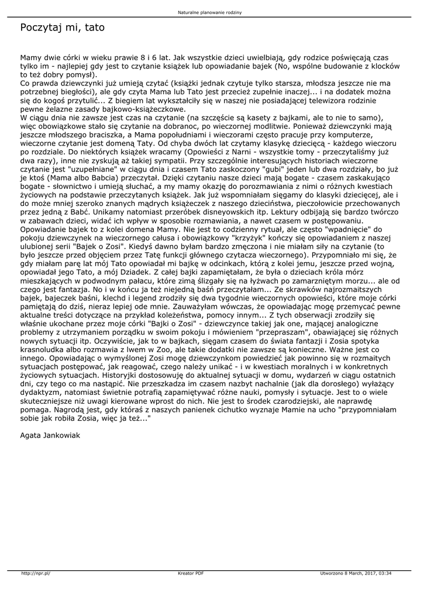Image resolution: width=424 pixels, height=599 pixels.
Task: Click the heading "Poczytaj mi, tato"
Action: pos(62,27)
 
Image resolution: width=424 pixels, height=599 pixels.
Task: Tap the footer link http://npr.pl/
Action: pos(36,573)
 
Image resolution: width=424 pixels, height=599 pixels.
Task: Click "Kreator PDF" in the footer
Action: pos(191,573)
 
